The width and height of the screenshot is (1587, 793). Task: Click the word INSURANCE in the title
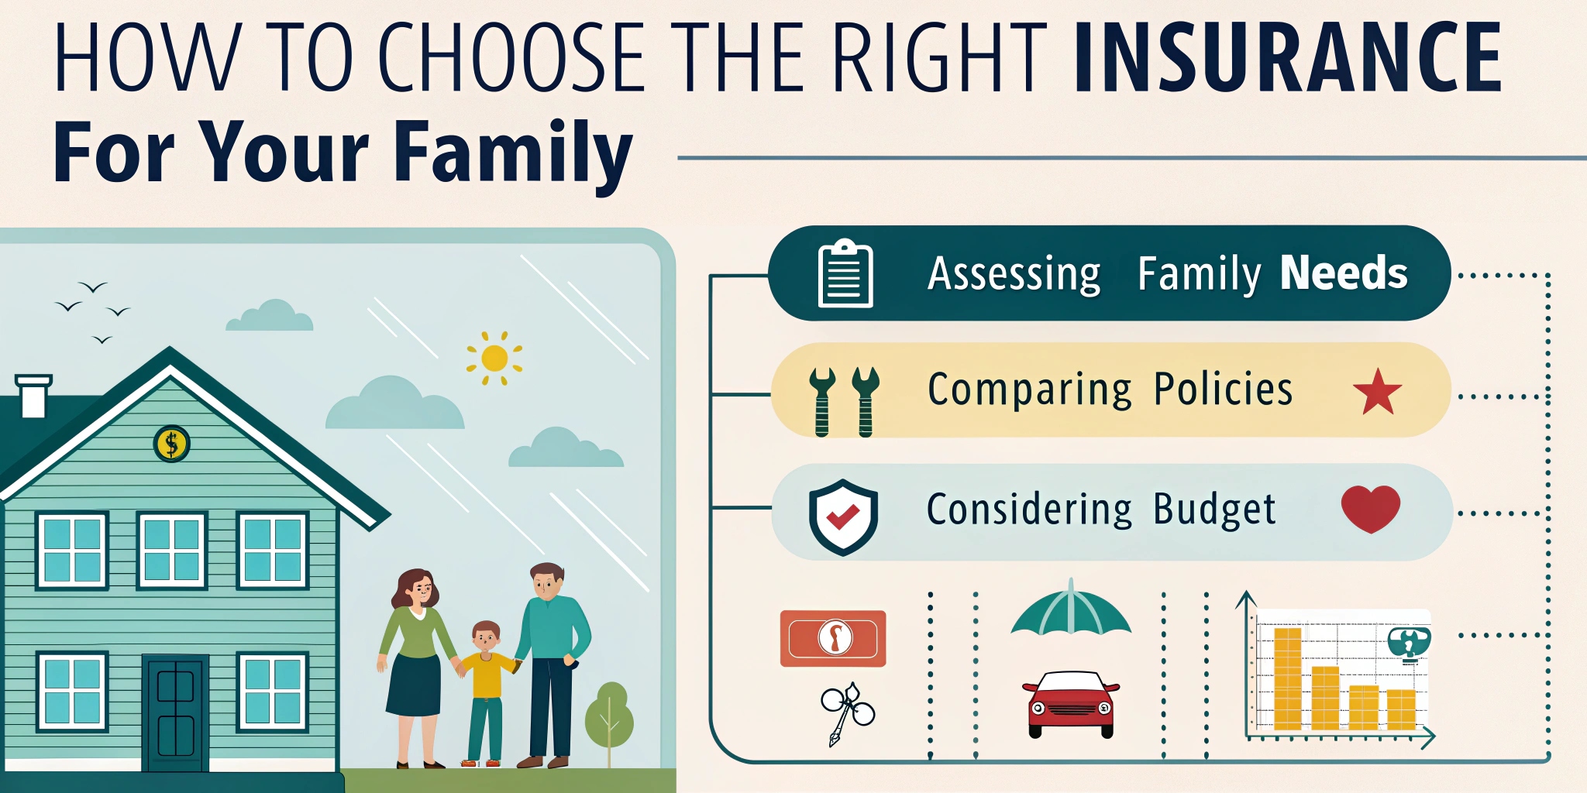point(1288,57)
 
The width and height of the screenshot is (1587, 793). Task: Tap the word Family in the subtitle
point(513,154)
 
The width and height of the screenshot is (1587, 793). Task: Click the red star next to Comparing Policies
point(1377,391)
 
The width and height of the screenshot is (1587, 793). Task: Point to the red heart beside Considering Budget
point(1370,509)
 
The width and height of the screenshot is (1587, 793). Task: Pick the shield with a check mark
point(843,517)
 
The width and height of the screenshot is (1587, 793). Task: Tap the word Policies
point(1223,389)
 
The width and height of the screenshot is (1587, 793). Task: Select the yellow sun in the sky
point(494,359)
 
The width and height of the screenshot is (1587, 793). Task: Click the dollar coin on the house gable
point(172,444)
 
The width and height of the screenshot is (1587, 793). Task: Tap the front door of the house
point(175,712)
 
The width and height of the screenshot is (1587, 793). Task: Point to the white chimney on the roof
point(33,396)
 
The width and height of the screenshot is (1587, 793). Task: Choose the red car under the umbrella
point(1071,703)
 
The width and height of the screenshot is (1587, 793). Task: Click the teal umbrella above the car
point(1071,609)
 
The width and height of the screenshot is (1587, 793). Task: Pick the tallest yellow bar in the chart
point(1288,679)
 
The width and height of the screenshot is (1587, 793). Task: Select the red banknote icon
point(833,638)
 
